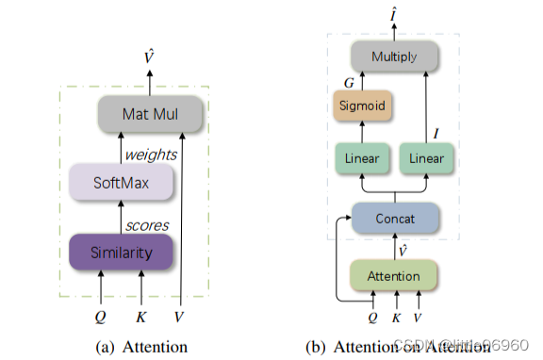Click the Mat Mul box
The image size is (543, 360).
pos(150,114)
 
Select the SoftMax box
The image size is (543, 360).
pos(121,182)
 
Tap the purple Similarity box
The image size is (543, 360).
pos(121,252)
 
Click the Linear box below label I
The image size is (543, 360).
pos(427,158)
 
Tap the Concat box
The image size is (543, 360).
pos(395,218)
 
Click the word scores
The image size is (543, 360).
pos(146,225)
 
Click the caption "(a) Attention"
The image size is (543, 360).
pos(141,347)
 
